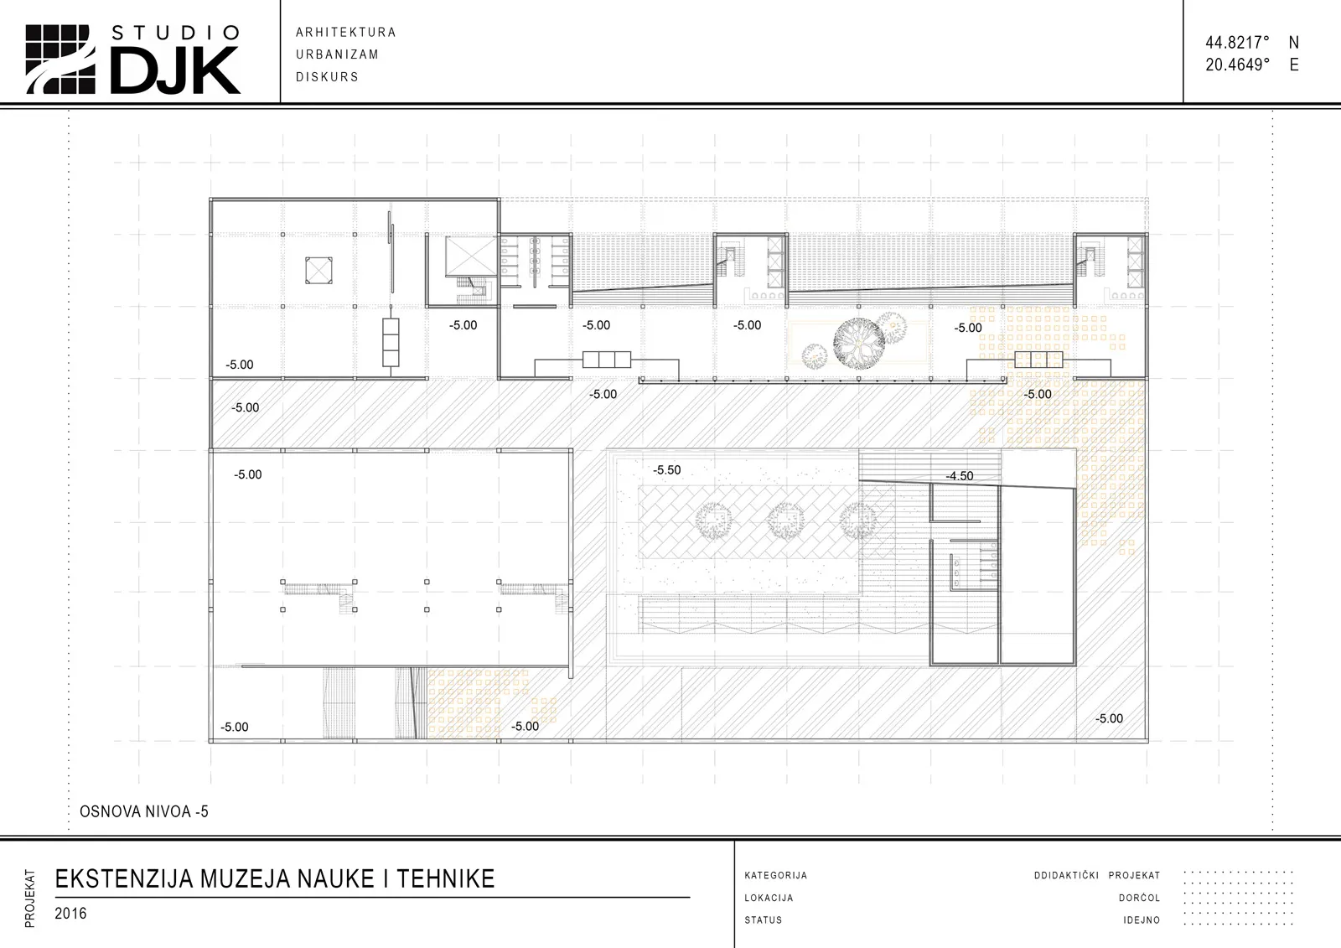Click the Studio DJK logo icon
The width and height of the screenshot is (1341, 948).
coord(60,60)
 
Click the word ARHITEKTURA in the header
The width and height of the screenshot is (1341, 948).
coord(346,33)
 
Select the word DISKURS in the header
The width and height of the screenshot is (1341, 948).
coord(327,76)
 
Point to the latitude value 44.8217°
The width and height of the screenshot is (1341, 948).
coord(1237,43)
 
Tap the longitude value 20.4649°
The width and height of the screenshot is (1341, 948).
coord(1237,65)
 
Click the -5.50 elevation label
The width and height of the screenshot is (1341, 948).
coord(667,470)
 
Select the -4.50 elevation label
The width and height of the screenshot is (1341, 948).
coord(959,476)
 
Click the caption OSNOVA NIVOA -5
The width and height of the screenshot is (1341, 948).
coord(143,811)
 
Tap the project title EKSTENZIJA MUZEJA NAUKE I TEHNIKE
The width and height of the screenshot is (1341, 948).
coord(275,878)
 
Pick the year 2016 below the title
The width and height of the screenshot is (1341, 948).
coord(70,914)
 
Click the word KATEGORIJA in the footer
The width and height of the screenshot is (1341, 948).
coord(776,876)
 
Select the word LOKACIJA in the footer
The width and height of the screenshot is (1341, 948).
coord(769,898)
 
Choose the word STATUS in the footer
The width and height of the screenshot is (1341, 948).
coord(764,920)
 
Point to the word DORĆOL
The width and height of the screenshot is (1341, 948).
coord(1139,898)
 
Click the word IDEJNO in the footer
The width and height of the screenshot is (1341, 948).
coord(1142,920)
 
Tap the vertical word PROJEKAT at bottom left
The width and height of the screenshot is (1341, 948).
coord(30,899)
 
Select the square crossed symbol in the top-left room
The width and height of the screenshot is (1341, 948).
coord(318,270)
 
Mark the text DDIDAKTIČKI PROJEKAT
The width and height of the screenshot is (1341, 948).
coord(1097,876)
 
